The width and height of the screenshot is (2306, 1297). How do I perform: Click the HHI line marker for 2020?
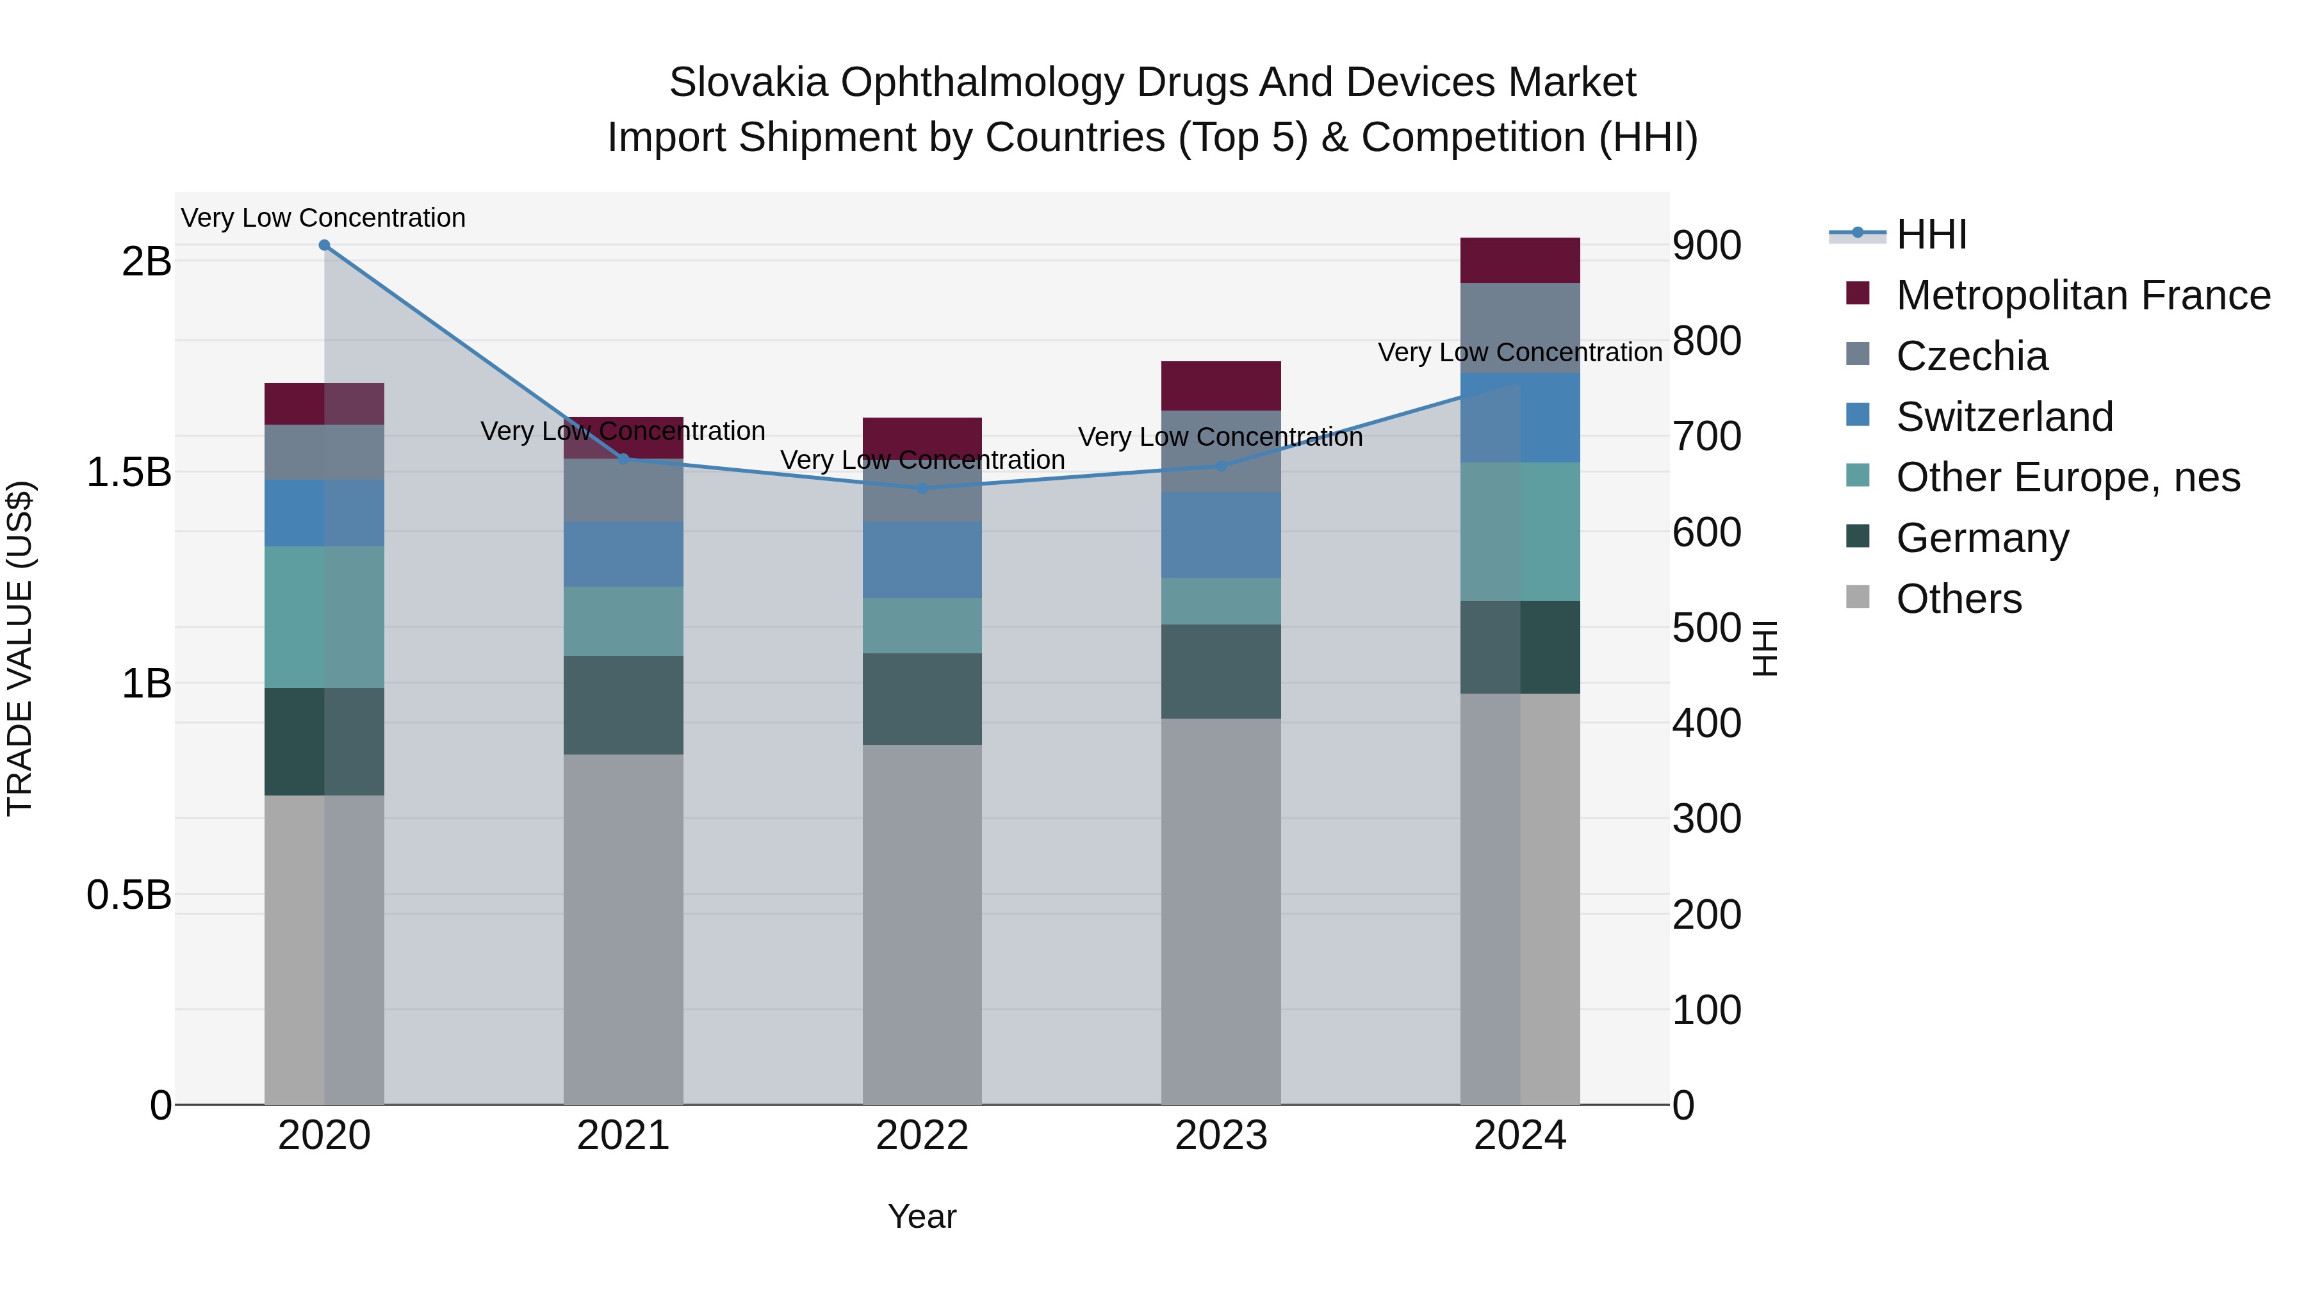click(324, 245)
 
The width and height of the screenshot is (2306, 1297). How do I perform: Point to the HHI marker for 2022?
click(922, 489)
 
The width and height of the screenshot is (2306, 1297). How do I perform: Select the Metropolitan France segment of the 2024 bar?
click(1519, 261)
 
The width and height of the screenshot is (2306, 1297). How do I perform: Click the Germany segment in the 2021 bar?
click(623, 705)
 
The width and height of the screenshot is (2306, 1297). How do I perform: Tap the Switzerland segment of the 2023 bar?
click(1220, 534)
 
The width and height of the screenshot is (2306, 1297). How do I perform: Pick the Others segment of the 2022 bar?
click(922, 924)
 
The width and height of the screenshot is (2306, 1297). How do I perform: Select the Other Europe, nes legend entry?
click(2068, 477)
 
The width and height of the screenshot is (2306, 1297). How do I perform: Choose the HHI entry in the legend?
click(1931, 234)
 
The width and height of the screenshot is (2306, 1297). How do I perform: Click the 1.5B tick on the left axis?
click(129, 471)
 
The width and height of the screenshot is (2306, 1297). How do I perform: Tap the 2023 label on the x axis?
click(1220, 1136)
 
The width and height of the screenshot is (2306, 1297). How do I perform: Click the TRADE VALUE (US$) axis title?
click(20, 648)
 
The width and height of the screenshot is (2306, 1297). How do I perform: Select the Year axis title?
click(922, 1216)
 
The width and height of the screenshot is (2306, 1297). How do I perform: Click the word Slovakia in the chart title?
click(748, 83)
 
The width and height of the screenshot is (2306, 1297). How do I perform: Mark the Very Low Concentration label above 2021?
click(623, 432)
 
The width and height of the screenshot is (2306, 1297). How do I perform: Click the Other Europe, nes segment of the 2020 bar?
click(324, 617)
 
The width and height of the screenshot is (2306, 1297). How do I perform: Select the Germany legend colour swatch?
click(1858, 536)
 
